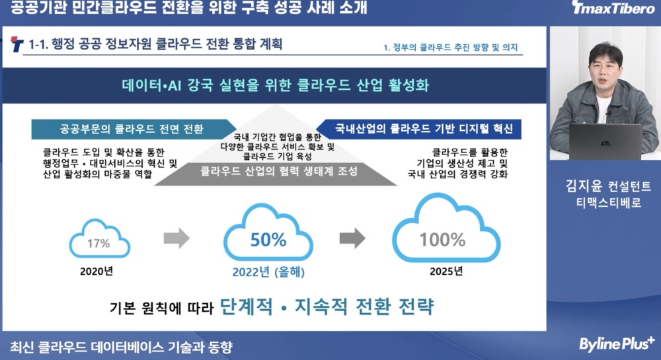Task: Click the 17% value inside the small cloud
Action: point(98,243)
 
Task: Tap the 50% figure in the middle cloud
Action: point(268,240)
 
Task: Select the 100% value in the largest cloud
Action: point(443,240)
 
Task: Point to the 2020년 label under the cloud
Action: point(97,271)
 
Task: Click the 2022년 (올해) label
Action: point(268,272)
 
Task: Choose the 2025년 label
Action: point(446,271)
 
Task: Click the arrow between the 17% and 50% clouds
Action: point(176,238)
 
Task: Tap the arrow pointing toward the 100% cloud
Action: point(352,238)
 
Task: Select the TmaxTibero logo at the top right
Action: point(613,7)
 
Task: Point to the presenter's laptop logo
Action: point(605,143)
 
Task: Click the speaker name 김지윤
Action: point(584,186)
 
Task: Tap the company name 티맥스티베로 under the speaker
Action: point(609,203)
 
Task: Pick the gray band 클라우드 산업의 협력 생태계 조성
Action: point(276,172)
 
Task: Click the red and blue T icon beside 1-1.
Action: point(17,44)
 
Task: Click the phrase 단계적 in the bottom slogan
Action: point(246,306)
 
